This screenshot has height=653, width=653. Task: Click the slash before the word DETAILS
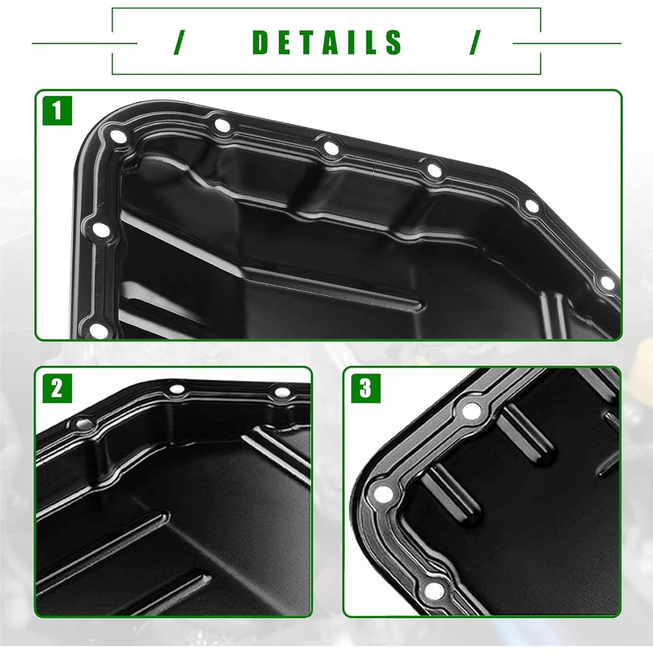(178, 42)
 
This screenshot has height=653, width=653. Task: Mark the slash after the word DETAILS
(475, 42)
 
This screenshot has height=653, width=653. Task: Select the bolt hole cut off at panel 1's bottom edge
(98, 330)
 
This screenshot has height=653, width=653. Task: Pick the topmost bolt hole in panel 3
(471, 410)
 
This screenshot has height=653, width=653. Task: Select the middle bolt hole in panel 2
(176, 389)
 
